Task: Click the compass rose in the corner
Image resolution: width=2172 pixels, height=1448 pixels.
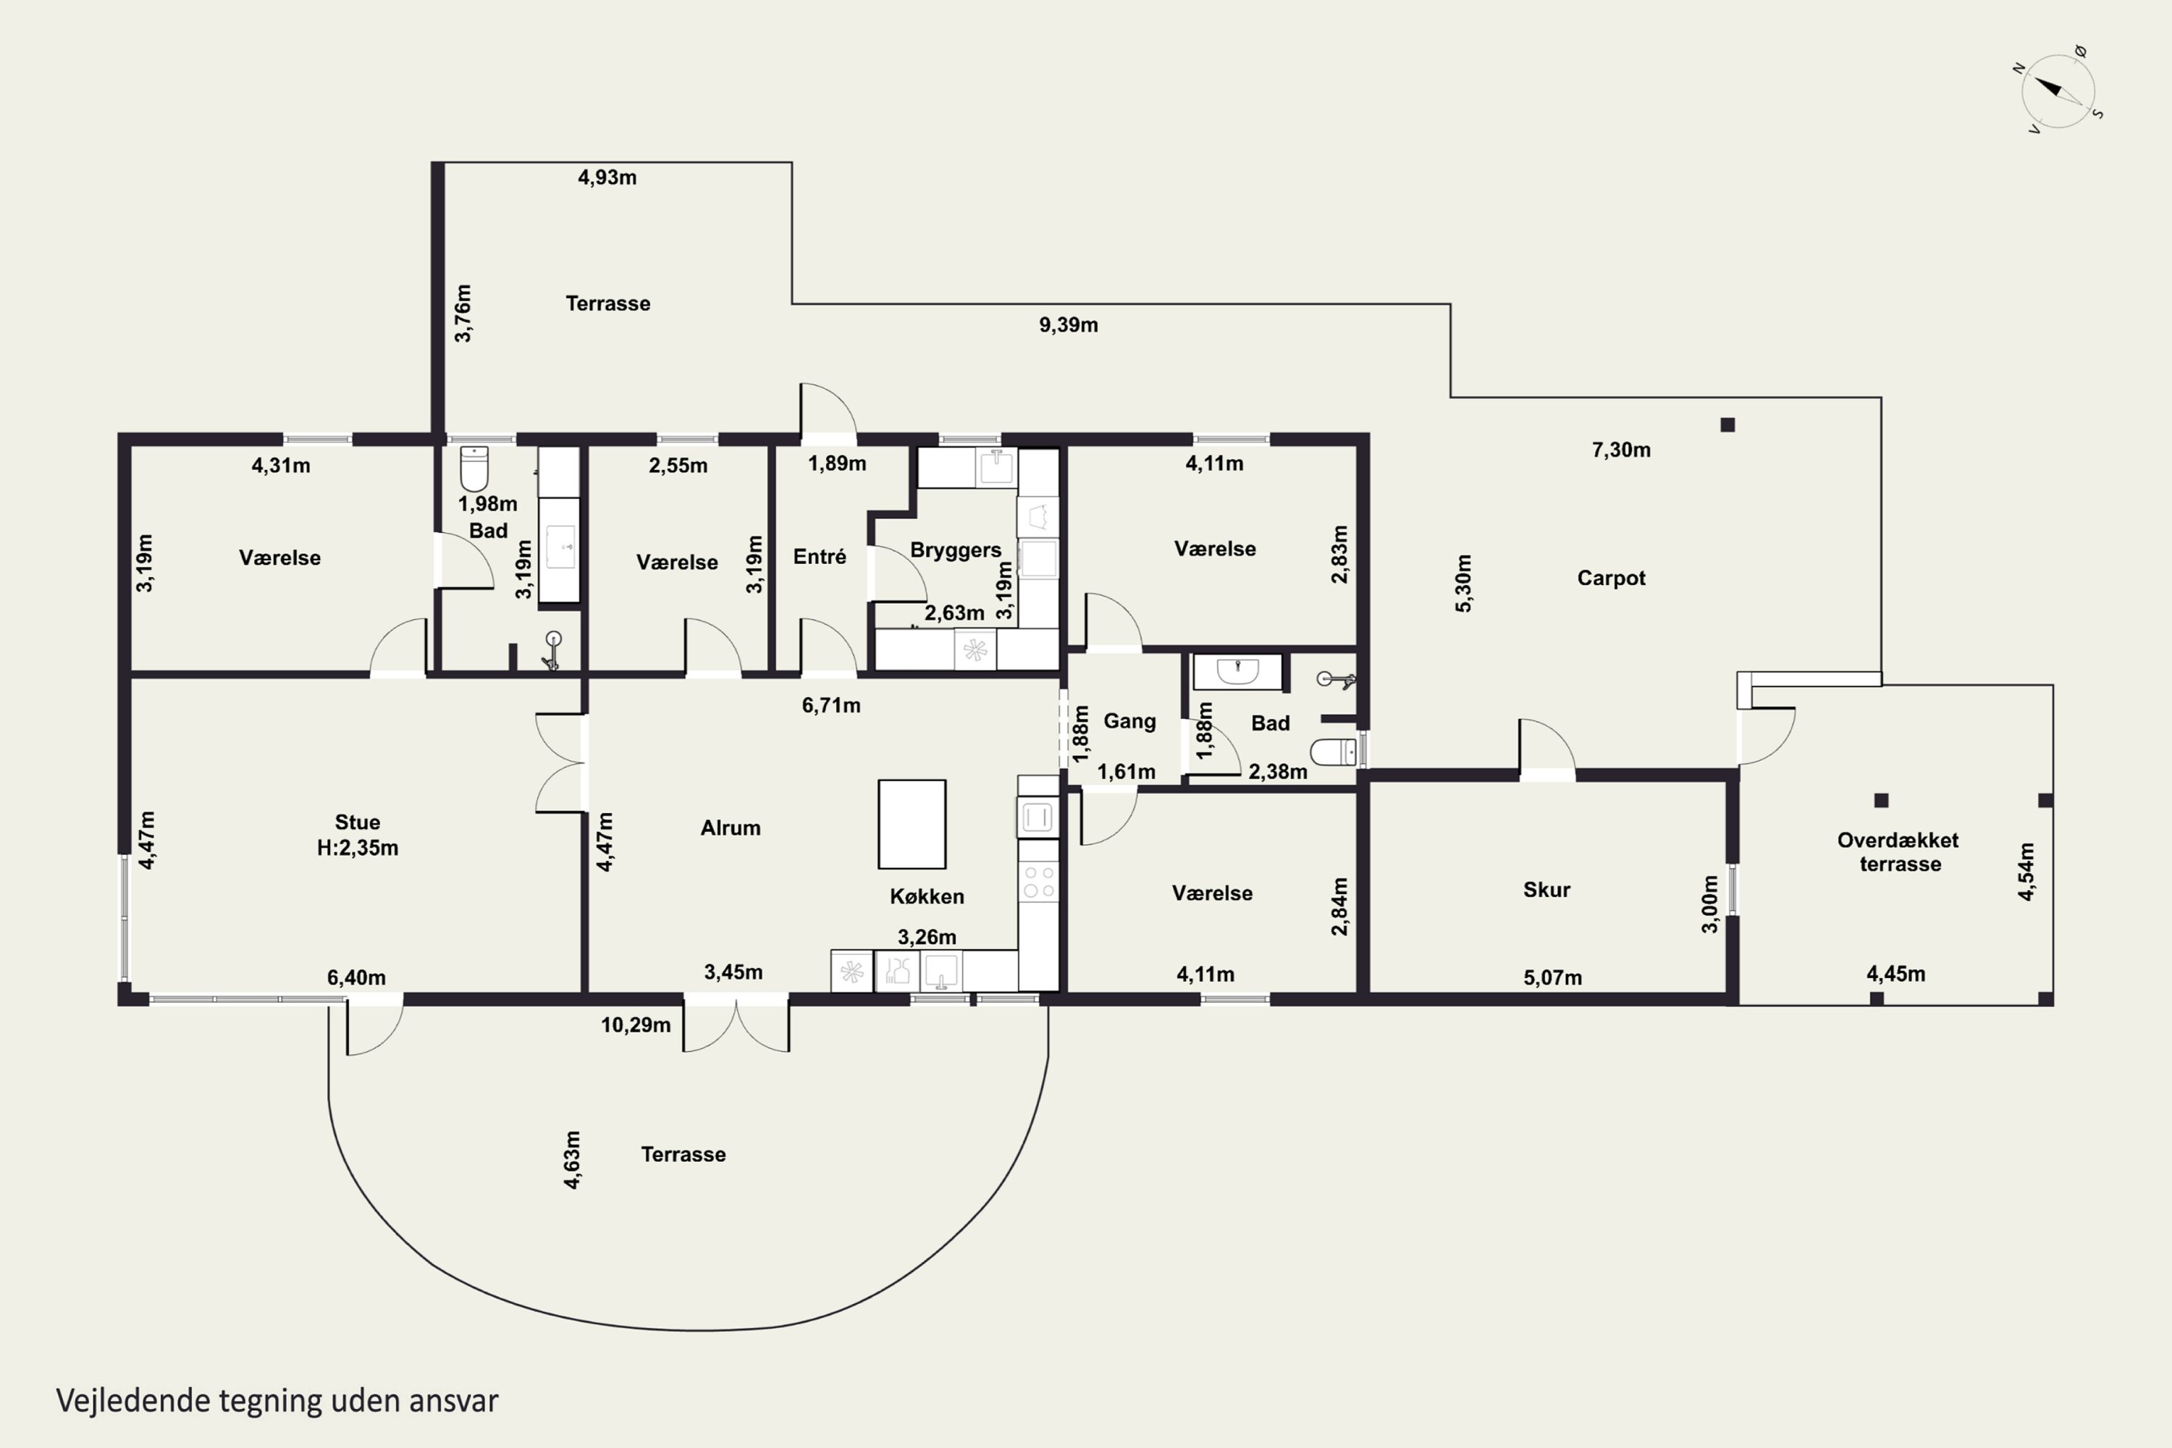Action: [2058, 90]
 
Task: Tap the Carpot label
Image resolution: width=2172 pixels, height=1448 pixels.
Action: [1610, 578]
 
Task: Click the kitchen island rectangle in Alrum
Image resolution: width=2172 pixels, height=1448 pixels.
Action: [912, 824]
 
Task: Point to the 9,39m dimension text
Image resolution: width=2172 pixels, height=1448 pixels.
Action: [1069, 325]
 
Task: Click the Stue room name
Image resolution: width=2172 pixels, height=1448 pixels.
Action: [358, 822]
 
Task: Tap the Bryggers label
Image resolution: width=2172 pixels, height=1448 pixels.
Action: [956, 550]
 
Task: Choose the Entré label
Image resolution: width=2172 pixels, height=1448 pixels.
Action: [819, 556]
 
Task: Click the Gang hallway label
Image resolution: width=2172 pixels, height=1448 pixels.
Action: [1129, 720]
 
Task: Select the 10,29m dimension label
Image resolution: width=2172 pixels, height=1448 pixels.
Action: [636, 1025]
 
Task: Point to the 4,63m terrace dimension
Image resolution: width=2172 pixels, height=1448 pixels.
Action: [573, 1160]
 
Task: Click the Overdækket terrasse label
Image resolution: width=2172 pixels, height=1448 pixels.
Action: [1898, 851]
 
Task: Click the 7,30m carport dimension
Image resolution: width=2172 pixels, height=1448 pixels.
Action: [1621, 450]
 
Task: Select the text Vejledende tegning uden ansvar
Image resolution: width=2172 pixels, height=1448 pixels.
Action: [277, 1401]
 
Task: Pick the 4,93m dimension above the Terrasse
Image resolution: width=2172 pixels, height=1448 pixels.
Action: [607, 177]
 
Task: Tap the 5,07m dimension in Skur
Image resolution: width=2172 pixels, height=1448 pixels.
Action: [1552, 977]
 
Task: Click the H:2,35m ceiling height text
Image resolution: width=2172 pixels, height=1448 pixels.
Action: [358, 848]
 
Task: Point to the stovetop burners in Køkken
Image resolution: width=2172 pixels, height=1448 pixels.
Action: [1038, 882]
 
